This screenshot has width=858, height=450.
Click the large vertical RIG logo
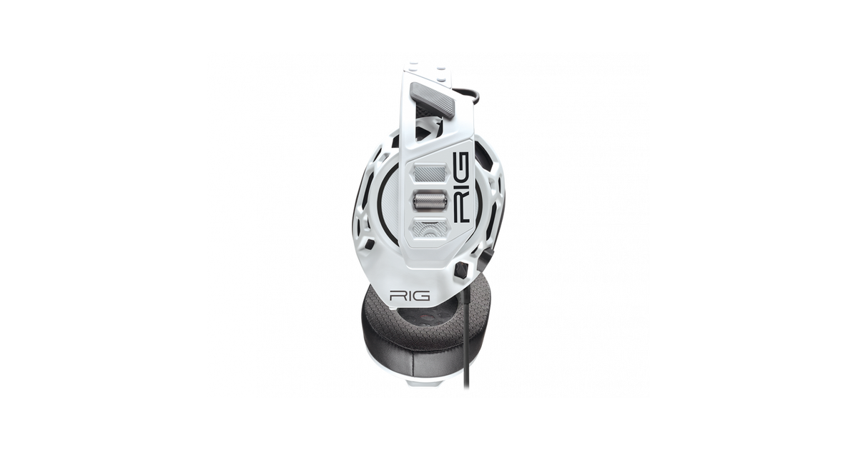coord(460,187)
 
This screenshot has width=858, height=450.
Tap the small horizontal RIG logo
coord(410,296)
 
